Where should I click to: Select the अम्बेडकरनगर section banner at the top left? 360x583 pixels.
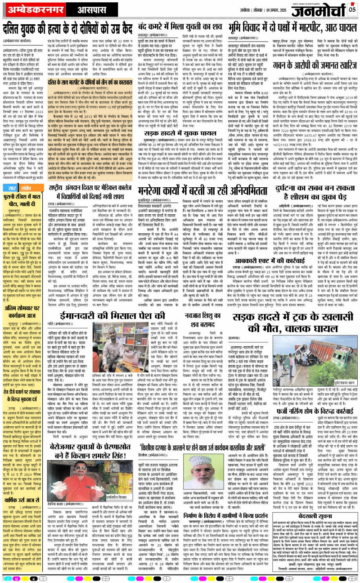coord(32,9)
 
